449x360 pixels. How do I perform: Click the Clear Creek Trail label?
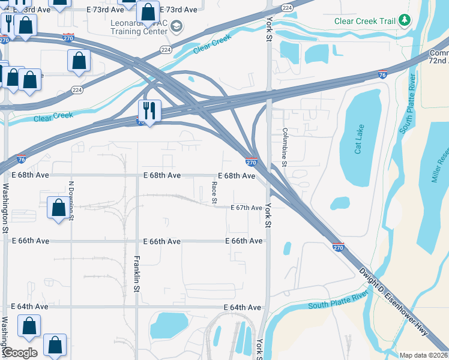[x=365, y=22]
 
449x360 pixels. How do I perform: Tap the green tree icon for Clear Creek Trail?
[x=405, y=22]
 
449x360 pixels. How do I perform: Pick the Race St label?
[x=214, y=191]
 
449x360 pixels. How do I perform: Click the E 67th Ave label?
[x=247, y=208]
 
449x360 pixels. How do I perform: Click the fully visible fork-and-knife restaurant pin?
[x=148, y=110]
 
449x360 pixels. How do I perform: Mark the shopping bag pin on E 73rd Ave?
[x=147, y=11]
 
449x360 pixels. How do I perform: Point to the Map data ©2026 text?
[x=423, y=355]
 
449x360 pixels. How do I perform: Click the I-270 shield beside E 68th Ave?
[x=252, y=162]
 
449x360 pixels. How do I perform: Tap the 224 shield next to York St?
[x=287, y=7]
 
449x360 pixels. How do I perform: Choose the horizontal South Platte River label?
[x=337, y=302]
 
